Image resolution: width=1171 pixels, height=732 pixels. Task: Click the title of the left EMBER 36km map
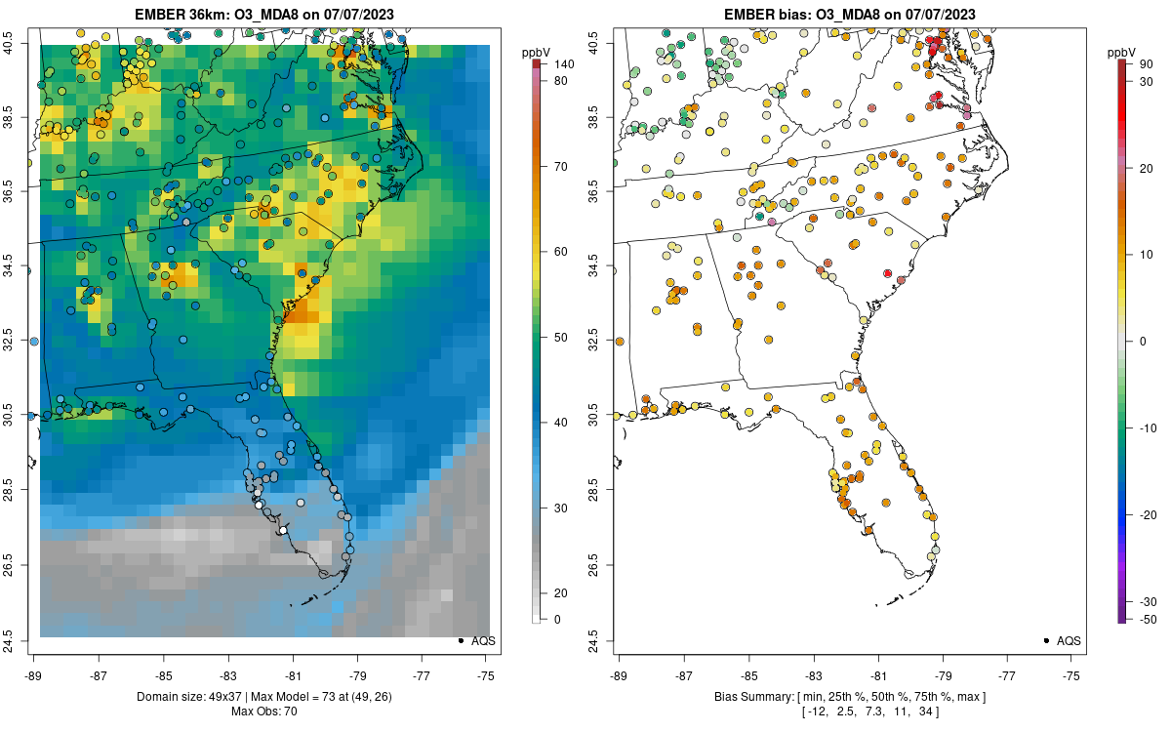click(x=263, y=15)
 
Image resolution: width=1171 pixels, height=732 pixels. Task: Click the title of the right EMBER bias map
click(x=850, y=15)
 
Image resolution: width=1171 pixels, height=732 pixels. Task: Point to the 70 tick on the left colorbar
click(x=561, y=167)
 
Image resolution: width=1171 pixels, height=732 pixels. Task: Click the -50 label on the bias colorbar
click(x=1148, y=619)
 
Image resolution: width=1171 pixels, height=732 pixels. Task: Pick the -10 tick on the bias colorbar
click(x=1148, y=427)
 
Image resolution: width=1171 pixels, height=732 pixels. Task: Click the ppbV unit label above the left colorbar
click(x=536, y=52)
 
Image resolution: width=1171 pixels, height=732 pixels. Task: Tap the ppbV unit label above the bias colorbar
click(x=1121, y=52)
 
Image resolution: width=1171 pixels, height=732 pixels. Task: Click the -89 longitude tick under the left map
click(x=33, y=675)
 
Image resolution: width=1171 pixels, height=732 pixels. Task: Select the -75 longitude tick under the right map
click(x=1072, y=675)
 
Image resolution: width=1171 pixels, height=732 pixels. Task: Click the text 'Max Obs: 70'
click(x=263, y=712)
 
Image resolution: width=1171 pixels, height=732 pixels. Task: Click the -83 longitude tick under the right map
click(x=814, y=675)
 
